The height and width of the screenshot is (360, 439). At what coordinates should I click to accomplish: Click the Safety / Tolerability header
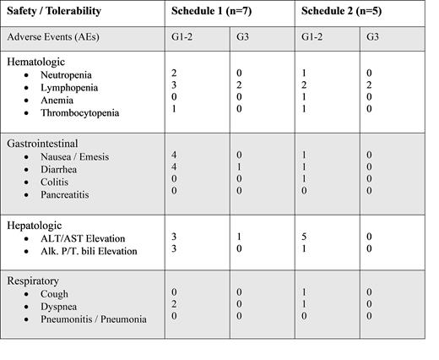55,12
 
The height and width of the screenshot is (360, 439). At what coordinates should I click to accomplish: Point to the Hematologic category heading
36,62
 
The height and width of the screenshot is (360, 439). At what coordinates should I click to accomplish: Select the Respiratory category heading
35,280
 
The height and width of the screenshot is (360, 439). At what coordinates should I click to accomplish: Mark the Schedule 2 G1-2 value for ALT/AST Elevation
305,238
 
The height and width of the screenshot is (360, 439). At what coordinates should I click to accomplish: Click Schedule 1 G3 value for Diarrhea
239,168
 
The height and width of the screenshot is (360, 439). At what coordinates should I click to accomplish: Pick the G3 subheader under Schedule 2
373,38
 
